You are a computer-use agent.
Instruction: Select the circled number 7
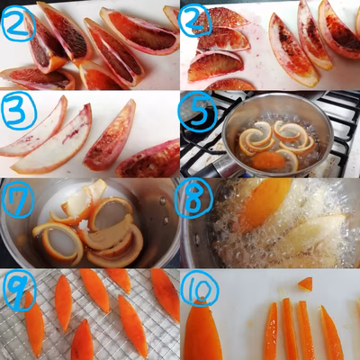pos(17,199)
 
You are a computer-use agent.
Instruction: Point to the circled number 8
pos(193,197)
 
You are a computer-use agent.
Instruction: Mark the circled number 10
pos(201,289)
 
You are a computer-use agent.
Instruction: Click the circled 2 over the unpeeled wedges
pos(18,23)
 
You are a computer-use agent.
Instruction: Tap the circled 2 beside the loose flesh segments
pos(195,21)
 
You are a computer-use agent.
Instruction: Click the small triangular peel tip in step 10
pos(305,284)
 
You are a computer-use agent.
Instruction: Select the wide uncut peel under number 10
pos(202,330)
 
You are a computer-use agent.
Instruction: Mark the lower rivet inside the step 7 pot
pos(166,220)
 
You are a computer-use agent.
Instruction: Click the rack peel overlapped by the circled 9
pos(33,324)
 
